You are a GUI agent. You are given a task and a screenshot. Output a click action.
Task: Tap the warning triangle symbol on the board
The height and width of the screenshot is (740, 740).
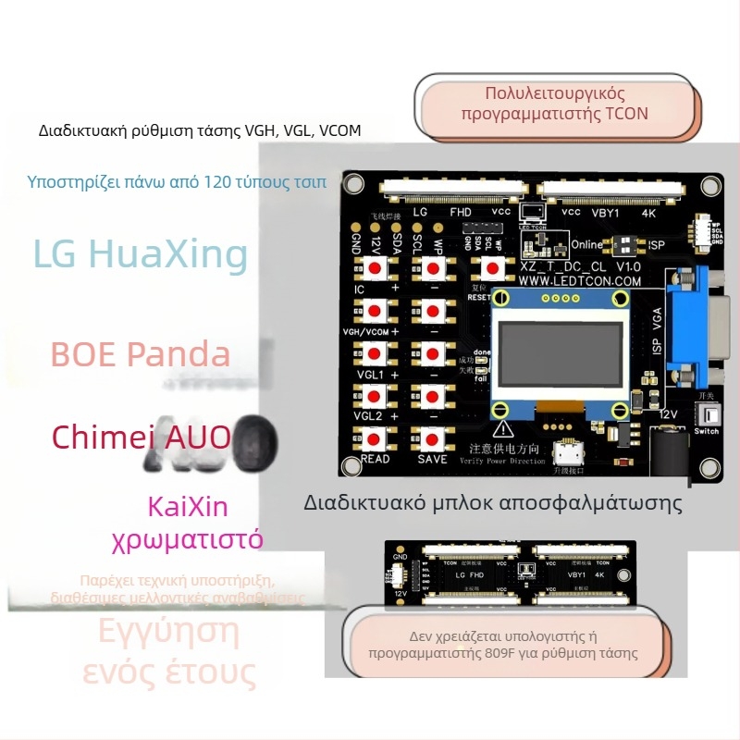point(503,428)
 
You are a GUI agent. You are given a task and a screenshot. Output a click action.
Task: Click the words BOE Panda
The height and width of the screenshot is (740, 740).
point(141,354)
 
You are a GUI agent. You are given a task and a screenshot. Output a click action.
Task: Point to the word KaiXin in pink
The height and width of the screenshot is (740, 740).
point(188,507)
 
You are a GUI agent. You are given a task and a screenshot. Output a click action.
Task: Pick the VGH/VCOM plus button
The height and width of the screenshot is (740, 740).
point(376,311)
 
